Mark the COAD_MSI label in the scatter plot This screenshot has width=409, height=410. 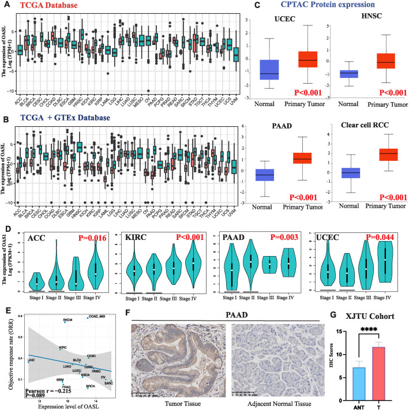coord(96,316)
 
